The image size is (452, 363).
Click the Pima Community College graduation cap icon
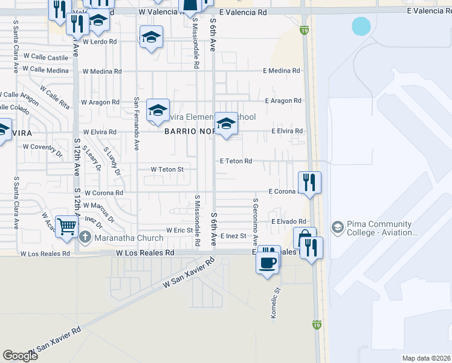(338, 227)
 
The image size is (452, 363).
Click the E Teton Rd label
(236, 161)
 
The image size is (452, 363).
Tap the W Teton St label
(167, 169)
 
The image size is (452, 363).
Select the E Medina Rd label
(281, 71)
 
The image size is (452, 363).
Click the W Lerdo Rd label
(99, 42)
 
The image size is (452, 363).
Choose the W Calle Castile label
(50, 58)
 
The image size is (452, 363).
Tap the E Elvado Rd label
(289, 222)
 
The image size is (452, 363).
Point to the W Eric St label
(179, 231)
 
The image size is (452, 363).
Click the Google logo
(20, 356)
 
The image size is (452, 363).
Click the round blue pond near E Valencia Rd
(361, 26)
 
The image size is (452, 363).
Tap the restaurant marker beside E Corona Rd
(309, 182)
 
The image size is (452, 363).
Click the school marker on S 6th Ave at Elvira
(226, 125)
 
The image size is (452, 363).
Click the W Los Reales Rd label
(145, 252)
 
